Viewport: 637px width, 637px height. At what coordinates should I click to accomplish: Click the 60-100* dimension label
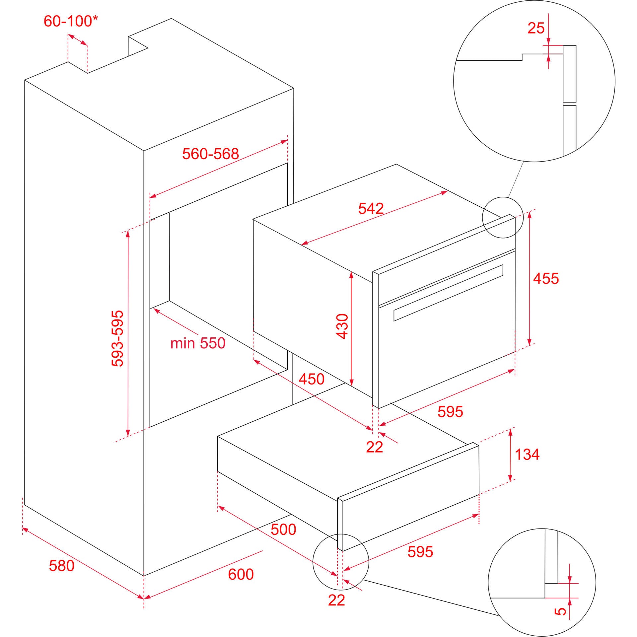[71, 21]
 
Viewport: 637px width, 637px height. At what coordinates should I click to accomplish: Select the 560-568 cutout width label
[210, 154]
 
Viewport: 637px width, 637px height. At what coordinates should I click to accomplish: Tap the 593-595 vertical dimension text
[117, 338]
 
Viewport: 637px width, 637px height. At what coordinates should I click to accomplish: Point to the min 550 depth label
[198, 343]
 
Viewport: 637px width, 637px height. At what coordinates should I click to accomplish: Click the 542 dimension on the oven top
[371, 208]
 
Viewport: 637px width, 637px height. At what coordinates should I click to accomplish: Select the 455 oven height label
[546, 278]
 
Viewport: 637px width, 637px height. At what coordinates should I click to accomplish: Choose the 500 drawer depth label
[283, 529]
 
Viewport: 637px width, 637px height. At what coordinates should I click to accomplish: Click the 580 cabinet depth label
[61, 565]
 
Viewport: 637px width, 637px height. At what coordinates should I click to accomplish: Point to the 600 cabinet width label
[241, 574]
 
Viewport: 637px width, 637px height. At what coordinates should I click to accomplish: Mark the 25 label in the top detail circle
[536, 28]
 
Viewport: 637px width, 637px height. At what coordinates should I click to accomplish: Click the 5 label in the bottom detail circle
[560, 611]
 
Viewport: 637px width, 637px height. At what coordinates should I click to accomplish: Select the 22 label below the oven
[374, 448]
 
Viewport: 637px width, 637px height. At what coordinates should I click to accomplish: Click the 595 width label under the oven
[450, 412]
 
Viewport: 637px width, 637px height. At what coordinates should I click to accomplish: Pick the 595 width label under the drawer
[420, 552]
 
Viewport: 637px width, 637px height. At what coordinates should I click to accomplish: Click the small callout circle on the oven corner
[502, 218]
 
